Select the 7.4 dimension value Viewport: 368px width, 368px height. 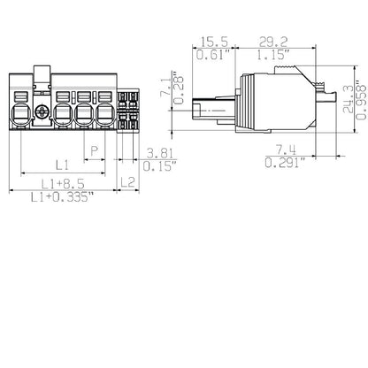tap(284, 148)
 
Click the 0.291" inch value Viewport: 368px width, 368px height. tap(284, 163)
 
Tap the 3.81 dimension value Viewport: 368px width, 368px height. tap(160, 151)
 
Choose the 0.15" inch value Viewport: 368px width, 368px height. tap(160, 165)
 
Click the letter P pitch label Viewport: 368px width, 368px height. tap(94, 151)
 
